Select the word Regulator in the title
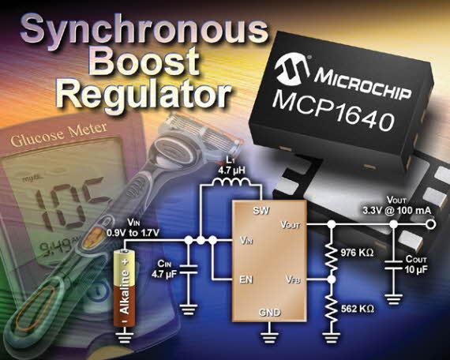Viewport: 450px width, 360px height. [144, 92]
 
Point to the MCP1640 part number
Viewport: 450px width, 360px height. [333, 111]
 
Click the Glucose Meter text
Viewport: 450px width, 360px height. [59, 135]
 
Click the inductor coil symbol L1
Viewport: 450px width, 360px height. [231, 182]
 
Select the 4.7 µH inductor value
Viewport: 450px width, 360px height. [231, 171]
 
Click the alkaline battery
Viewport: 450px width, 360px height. [125, 288]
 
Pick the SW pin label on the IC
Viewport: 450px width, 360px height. [261, 211]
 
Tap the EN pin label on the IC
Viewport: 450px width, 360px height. [246, 279]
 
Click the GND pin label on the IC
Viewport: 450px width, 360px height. [269, 313]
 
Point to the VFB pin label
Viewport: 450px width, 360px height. [293, 279]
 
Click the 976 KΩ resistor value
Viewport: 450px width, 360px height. [358, 253]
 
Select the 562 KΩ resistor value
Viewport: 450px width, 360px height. [358, 309]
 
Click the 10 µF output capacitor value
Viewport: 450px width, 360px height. [416, 270]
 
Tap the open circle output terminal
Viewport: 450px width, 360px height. [430, 224]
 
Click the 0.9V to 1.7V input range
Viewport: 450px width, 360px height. [133, 233]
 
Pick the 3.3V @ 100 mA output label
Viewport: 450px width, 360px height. [397, 211]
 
